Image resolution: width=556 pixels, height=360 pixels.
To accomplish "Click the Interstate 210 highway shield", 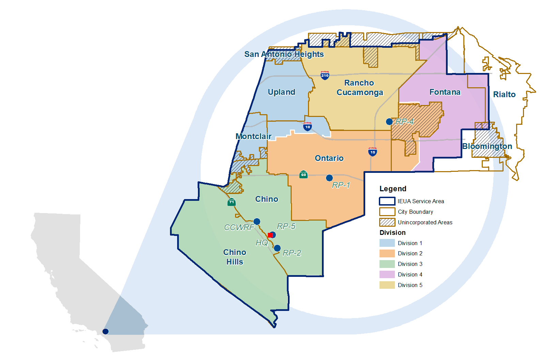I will [x=325, y=75].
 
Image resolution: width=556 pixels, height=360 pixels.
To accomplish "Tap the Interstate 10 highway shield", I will [x=307, y=127].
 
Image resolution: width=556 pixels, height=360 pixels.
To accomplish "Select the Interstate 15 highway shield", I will [x=372, y=152].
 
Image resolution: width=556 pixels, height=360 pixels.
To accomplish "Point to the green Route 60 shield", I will [x=303, y=175].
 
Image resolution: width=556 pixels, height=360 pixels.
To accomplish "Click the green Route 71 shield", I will [x=231, y=202].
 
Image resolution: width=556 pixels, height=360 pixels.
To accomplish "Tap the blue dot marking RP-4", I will [x=389, y=122].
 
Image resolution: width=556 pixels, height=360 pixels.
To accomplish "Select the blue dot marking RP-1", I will [x=329, y=178].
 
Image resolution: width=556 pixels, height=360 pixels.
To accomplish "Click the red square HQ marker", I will [x=270, y=235].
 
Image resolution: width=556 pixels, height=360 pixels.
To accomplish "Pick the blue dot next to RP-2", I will [x=277, y=248].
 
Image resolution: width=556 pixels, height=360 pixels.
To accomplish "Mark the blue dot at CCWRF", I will [x=257, y=222].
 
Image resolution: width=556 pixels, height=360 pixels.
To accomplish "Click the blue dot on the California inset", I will [x=106, y=331].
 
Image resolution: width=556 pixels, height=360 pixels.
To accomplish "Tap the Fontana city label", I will [x=445, y=92].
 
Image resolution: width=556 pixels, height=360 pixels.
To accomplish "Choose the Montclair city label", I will [x=253, y=136].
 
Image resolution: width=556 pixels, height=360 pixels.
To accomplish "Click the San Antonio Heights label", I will [x=284, y=54].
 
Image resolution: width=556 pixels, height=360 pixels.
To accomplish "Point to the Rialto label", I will [x=504, y=94].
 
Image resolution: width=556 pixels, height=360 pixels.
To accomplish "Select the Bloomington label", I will [x=487, y=146].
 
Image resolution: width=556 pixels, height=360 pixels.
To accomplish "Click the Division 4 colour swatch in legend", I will [x=387, y=274].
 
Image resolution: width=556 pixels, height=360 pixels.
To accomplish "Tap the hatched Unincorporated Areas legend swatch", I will [x=387, y=222].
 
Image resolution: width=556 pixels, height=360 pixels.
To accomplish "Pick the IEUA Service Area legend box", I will [x=387, y=201].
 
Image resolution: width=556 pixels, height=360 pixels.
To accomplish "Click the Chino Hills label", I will [x=235, y=257].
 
